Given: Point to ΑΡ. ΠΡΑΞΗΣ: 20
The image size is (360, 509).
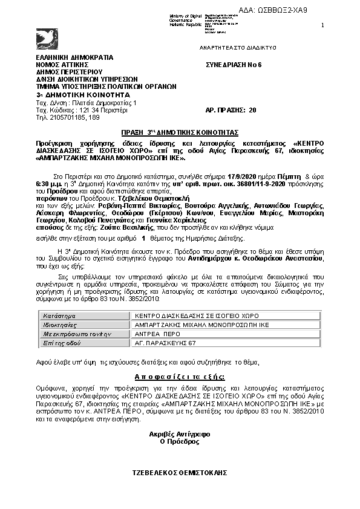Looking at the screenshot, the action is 232,110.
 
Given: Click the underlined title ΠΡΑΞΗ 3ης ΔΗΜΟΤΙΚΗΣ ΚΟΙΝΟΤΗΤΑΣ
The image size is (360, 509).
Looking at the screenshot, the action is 178,131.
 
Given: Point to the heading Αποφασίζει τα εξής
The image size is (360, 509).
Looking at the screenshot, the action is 180,376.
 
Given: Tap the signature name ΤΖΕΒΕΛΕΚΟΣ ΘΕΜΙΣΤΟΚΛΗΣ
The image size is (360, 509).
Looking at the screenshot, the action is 178,471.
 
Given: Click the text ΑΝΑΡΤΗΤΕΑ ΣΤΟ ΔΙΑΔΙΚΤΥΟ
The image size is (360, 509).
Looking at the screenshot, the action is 238,47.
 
